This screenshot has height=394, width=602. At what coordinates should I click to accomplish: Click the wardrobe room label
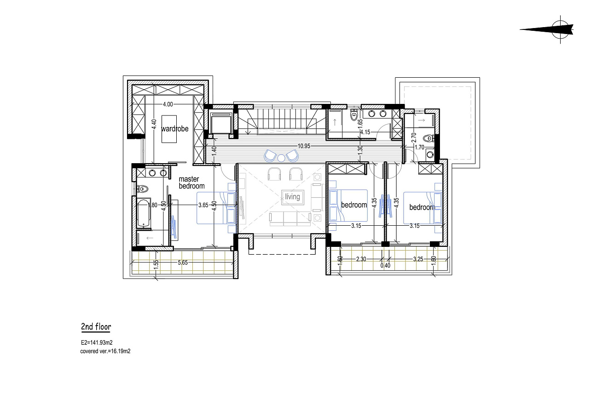(175, 129)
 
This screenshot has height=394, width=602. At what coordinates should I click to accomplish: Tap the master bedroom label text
(191, 183)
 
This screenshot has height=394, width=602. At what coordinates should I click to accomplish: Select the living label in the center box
(292, 197)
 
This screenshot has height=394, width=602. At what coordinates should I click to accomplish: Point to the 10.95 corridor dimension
(304, 146)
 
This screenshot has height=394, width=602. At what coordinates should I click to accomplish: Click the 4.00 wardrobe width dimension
(168, 104)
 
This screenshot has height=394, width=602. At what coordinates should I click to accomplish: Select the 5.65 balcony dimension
(183, 263)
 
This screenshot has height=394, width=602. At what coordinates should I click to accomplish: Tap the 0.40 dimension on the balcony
(385, 265)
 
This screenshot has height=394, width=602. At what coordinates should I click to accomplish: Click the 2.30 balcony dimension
(361, 259)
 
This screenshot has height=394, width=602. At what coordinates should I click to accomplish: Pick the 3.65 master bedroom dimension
(203, 205)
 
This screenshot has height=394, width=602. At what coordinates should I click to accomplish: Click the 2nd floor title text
(96, 326)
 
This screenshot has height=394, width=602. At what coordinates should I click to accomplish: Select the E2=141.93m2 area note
(97, 343)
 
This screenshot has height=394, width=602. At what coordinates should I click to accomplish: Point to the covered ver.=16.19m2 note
(105, 351)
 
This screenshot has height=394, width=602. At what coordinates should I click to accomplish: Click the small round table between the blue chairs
(281, 158)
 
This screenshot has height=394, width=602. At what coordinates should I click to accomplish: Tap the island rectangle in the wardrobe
(169, 129)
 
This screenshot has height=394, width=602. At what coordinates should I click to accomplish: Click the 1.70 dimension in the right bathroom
(420, 147)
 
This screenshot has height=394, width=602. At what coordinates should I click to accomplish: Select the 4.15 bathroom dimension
(365, 132)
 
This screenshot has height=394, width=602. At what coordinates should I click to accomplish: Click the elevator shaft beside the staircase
(221, 123)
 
